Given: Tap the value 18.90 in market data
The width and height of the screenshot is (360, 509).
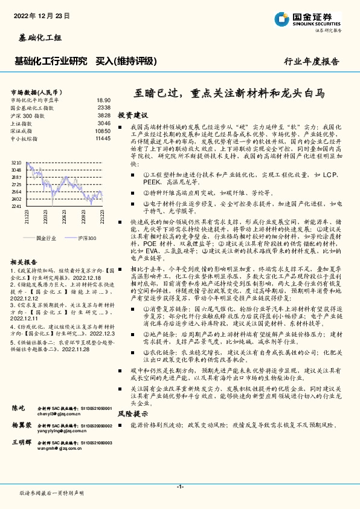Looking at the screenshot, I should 103,100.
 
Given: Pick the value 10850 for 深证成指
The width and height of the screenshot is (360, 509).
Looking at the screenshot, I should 103,131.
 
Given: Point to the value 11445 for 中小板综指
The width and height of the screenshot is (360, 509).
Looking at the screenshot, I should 103,138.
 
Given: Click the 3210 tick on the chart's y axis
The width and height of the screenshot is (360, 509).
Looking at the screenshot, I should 16,163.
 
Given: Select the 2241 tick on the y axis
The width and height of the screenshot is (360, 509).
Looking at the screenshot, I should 16,206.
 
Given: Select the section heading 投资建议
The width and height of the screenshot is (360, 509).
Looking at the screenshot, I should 132,115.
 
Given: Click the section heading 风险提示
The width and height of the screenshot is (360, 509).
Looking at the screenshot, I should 132,414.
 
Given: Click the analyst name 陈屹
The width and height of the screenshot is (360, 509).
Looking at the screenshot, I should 19,409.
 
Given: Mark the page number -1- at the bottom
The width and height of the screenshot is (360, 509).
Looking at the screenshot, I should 180,487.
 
